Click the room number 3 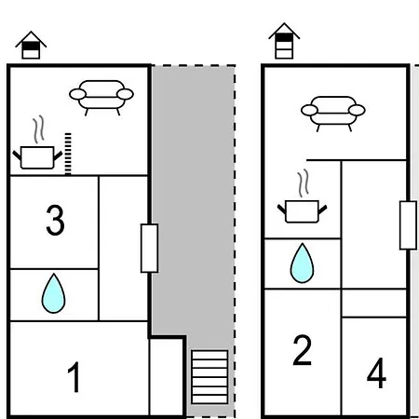(55, 220)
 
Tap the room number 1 (74, 377)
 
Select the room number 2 (302, 350)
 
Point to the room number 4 (376, 372)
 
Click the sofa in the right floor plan (333, 114)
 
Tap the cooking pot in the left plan (37, 157)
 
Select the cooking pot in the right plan (302, 211)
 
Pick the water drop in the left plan (53, 293)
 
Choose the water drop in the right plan (302, 263)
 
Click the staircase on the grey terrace (209, 377)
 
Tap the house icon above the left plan (31, 45)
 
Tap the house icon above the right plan (284, 41)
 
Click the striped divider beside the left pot (68, 154)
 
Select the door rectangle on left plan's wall (150, 249)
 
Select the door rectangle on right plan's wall (408, 225)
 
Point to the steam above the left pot (38, 129)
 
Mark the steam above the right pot (304, 183)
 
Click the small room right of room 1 (167, 377)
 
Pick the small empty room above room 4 (373, 304)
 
